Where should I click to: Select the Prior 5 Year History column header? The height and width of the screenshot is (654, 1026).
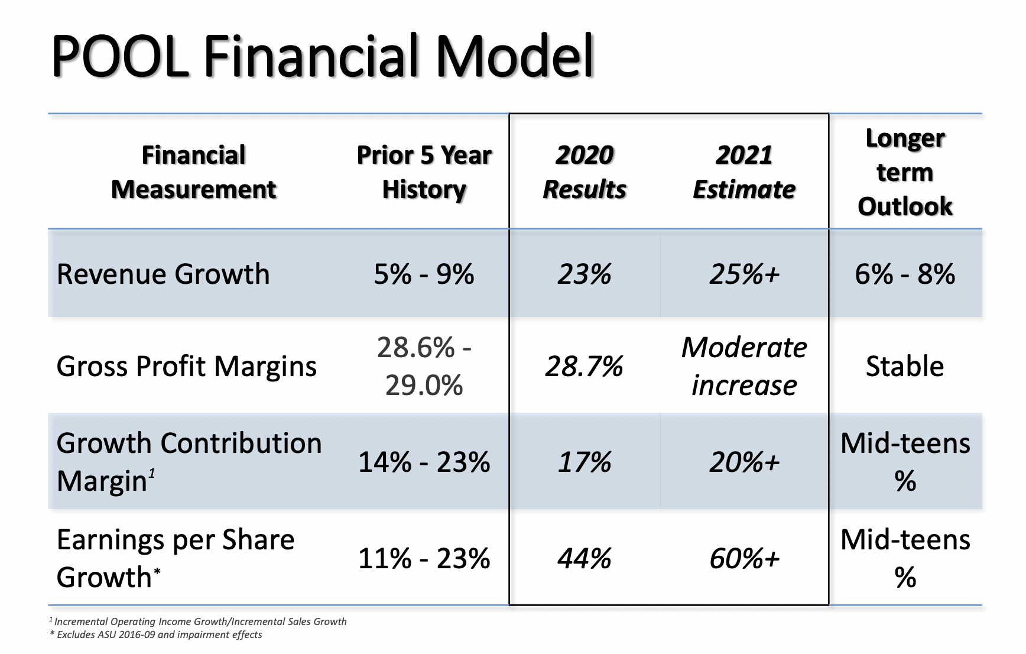pyautogui.click(x=424, y=172)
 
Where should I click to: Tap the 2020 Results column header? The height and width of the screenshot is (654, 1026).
pyautogui.click(x=584, y=172)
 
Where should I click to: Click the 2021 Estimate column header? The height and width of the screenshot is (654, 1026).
pyautogui.click(x=743, y=172)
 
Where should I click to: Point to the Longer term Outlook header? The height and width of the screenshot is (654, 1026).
pyautogui.click(x=905, y=172)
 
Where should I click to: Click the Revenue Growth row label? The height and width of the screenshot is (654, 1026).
pyautogui.click(x=163, y=274)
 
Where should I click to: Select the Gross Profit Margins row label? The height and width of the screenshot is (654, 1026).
pyautogui.click(x=186, y=366)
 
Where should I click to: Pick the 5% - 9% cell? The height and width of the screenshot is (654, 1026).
pyautogui.click(x=424, y=274)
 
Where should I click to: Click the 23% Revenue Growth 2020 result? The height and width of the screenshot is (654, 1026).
pyautogui.click(x=584, y=274)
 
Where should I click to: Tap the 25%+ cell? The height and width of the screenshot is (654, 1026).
pyautogui.click(x=744, y=274)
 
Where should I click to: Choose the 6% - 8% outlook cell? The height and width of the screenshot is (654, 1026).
pyautogui.click(x=905, y=274)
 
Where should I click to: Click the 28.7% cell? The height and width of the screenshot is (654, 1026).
pyautogui.click(x=584, y=367)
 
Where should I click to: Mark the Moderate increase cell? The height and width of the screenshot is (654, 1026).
pyautogui.click(x=744, y=366)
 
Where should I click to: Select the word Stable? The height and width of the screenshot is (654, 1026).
pyautogui.click(x=905, y=367)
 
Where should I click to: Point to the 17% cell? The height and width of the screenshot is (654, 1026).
pyautogui.click(x=584, y=462)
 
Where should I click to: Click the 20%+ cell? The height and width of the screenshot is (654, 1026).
pyautogui.click(x=744, y=462)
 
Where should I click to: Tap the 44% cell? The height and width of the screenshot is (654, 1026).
pyautogui.click(x=584, y=558)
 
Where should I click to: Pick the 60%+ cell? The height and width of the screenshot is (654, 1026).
pyautogui.click(x=744, y=558)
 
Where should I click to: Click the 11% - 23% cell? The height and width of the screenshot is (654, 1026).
pyautogui.click(x=424, y=558)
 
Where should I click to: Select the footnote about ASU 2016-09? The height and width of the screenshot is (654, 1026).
pyautogui.click(x=157, y=635)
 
